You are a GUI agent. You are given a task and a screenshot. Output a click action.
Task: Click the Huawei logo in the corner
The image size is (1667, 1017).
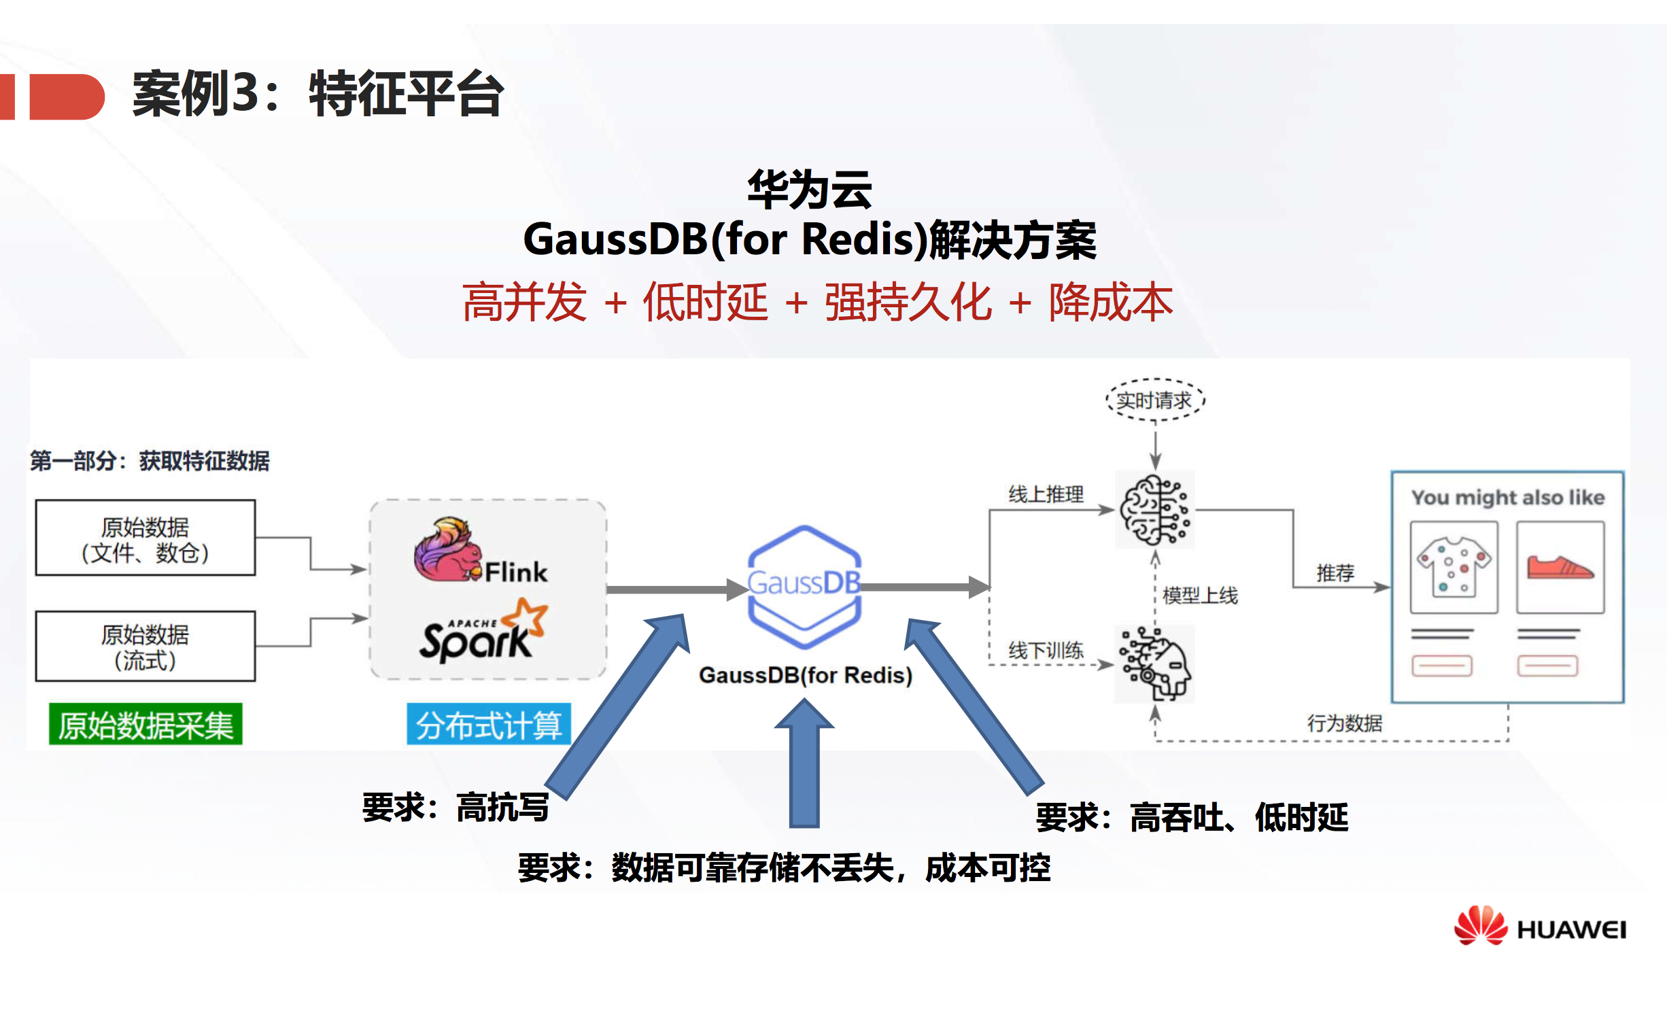pyautogui.click(x=1539, y=927)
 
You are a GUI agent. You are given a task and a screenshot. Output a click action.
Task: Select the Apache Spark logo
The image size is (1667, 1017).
pyautogui.click(x=483, y=632)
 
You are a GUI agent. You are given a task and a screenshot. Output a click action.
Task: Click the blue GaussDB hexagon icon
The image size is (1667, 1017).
pyautogui.click(x=804, y=586)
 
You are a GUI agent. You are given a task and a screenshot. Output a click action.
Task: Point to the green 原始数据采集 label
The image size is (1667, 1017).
pyautogui.click(x=145, y=725)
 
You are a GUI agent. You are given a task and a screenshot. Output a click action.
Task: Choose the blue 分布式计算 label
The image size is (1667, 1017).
pyautogui.click(x=488, y=725)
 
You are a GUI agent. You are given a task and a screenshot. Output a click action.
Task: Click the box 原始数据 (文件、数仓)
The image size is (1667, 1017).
pyautogui.click(x=145, y=538)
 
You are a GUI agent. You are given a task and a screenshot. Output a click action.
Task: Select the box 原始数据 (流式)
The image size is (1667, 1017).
pyautogui.click(x=145, y=647)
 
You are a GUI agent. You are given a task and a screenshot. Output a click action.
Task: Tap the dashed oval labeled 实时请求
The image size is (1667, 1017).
pyautogui.click(x=1154, y=400)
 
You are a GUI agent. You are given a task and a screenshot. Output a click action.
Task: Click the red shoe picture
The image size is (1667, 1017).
pyautogui.click(x=1560, y=567)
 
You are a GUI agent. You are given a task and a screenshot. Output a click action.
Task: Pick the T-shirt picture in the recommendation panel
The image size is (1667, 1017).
pyautogui.click(x=1454, y=567)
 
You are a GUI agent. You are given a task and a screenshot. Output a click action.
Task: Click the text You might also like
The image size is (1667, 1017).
pyautogui.click(x=1507, y=498)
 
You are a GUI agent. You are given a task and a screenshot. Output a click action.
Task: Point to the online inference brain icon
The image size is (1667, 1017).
pyautogui.click(x=1155, y=510)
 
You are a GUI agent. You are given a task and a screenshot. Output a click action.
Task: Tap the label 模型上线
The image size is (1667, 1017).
pyautogui.click(x=1200, y=596)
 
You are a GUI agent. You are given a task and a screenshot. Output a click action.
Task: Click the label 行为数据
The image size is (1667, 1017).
pyautogui.click(x=1344, y=723)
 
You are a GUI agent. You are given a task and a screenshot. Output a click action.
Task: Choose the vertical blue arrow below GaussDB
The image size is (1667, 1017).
pyautogui.click(x=804, y=765)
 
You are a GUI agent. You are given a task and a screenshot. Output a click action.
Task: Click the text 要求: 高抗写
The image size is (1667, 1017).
pyautogui.click(x=455, y=808)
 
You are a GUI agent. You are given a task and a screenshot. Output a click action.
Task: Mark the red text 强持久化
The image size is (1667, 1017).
pyautogui.click(x=908, y=303)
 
